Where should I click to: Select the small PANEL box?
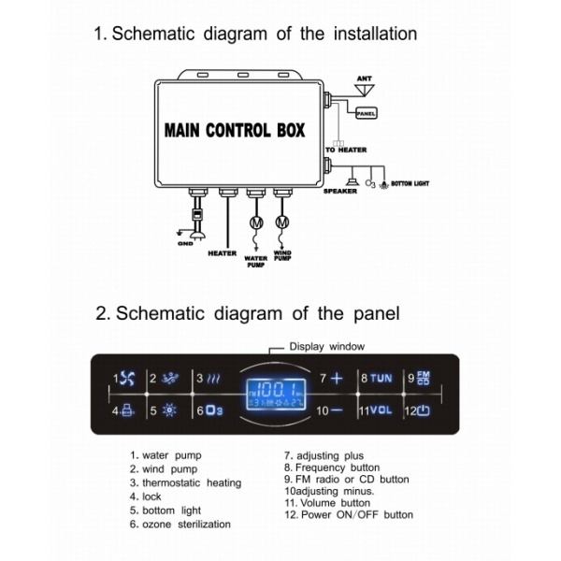tap(366, 113)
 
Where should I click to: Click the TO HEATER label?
tap(346, 150)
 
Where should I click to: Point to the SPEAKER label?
tap(340, 191)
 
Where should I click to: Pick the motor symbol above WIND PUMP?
tap(283, 223)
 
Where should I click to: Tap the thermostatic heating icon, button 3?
tap(213, 379)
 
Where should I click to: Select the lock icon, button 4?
tap(128, 410)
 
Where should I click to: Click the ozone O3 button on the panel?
tap(212, 410)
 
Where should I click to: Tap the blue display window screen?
tap(274, 394)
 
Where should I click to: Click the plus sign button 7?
tap(338, 379)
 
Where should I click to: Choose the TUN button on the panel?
tap(381, 379)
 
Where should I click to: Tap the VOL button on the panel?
tap(381, 410)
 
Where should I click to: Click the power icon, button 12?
tap(424, 410)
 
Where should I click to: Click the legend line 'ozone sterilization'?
tap(186, 525)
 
